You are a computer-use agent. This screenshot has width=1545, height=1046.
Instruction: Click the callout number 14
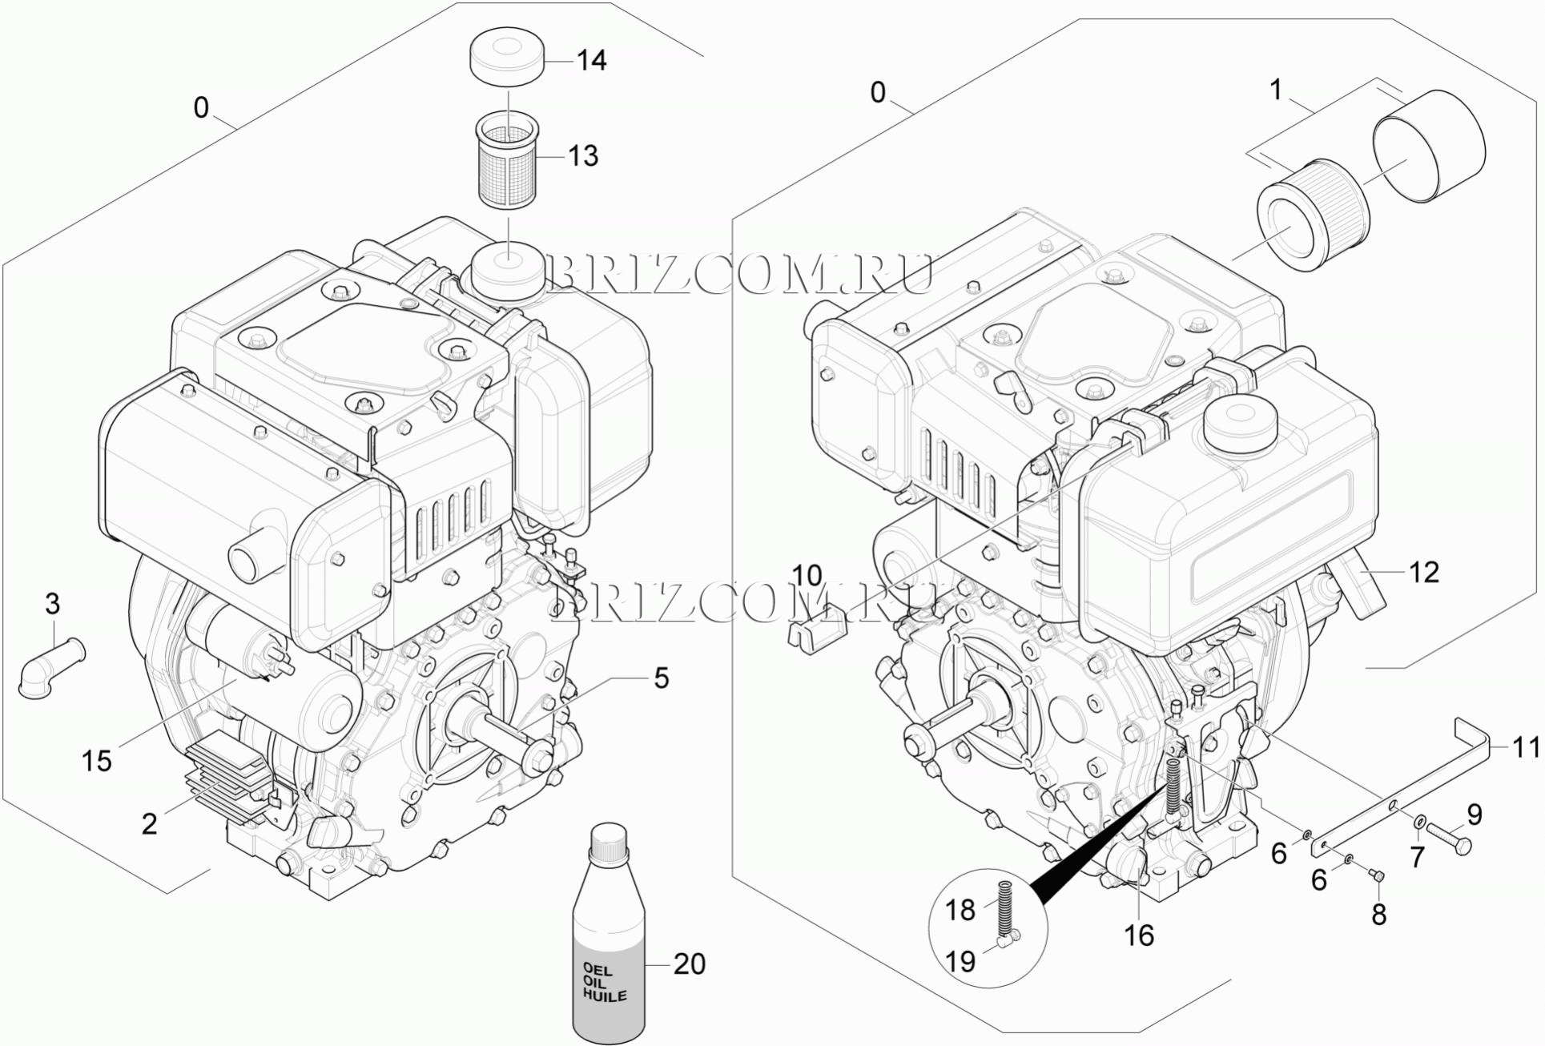[592, 60]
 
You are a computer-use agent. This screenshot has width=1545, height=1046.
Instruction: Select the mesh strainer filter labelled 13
[506, 160]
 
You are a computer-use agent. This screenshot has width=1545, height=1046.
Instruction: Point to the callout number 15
[97, 761]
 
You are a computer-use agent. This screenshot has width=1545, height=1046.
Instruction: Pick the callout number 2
[150, 823]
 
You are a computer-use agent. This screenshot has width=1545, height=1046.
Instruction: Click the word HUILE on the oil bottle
[605, 996]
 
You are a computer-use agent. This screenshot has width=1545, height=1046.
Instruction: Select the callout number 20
[689, 964]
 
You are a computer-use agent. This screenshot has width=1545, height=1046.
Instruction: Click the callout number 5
[661, 678]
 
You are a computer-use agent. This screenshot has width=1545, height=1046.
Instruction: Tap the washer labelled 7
[1419, 821]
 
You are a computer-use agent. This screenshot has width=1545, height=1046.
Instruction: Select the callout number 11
[1525, 747]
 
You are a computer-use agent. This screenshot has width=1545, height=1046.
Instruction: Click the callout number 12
[1424, 572]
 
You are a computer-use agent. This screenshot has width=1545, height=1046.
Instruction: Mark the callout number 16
[1139, 935]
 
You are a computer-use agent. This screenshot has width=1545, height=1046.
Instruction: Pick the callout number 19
[961, 960]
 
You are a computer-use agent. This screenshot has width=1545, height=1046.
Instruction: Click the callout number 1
[1277, 90]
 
